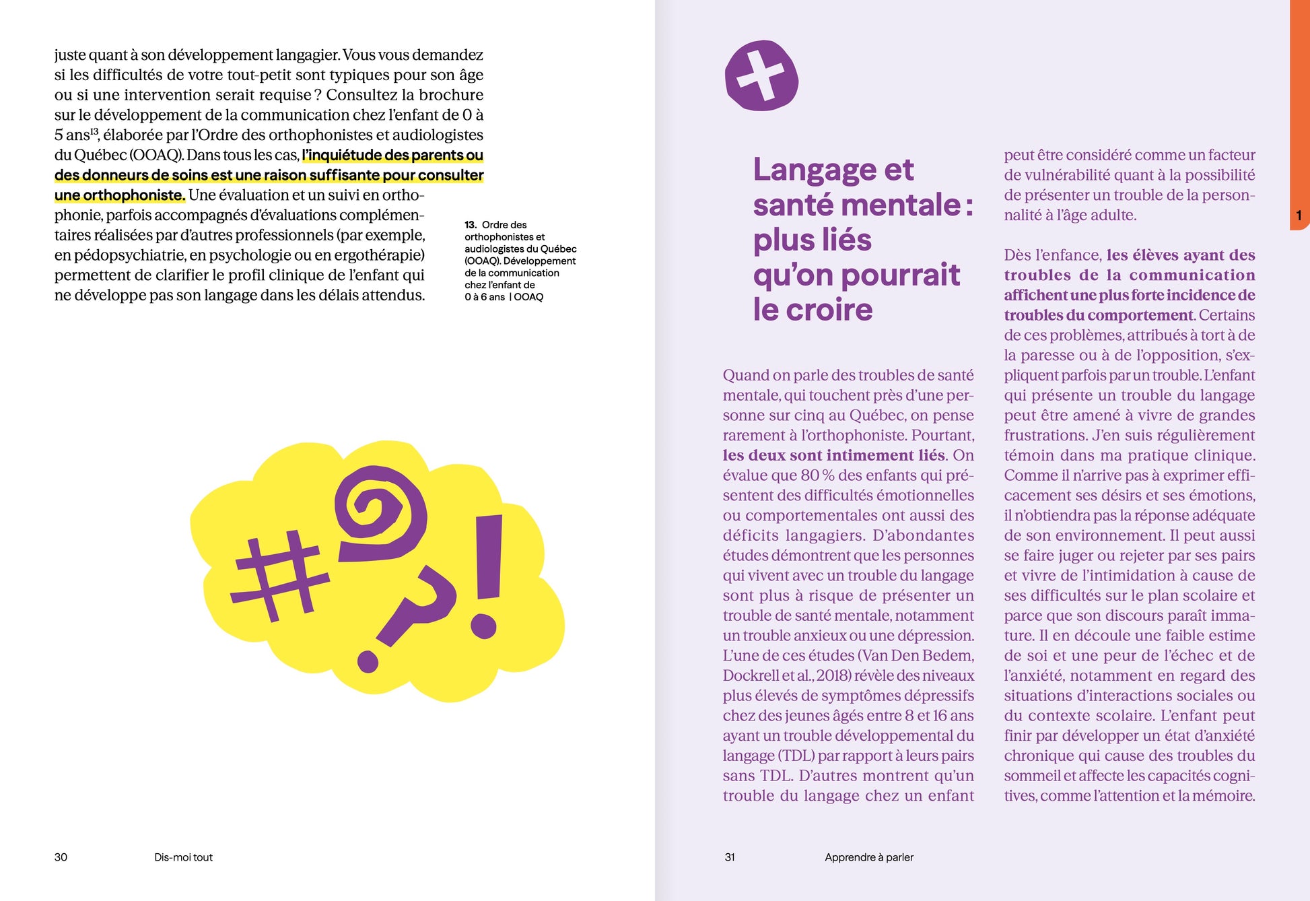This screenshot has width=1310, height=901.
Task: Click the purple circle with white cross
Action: pyautogui.click(x=761, y=75)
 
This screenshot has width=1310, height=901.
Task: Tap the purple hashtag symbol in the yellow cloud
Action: pyautogui.click(x=279, y=576)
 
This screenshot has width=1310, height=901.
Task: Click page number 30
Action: pyautogui.click(x=61, y=857)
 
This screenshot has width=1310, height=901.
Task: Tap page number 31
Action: pyautogui.click(x=730, y=857)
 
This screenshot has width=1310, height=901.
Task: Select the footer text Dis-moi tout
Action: pyautogui.click(x=183, y=857)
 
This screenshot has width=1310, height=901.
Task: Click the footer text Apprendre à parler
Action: pyautogui.click(x=869, y=857)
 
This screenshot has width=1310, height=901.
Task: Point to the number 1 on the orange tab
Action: pyautogui.click(x=1299, y=215)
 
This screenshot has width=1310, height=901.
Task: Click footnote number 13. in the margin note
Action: pyautogui.click(x=471, y=225)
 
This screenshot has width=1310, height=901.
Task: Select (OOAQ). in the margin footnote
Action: pyautogui.click(x=482, y=261)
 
